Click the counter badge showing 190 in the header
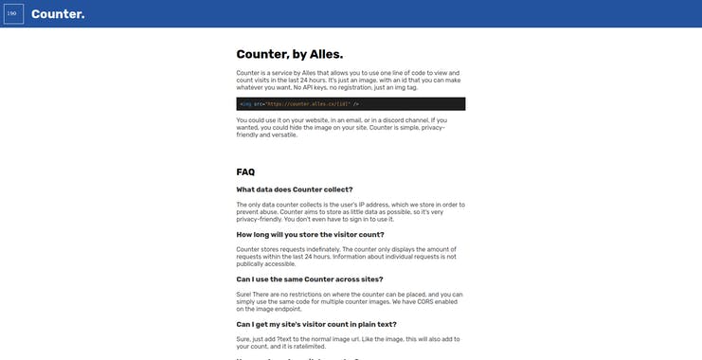[x=13, y=14]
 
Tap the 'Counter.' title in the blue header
[x=58, y=14]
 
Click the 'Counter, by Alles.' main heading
[x=289, y=54]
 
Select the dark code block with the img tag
[x=351, y=103]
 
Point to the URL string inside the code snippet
[x=307, y=103]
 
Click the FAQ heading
[x=245, y=171]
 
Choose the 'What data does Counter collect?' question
[x=294, y=189]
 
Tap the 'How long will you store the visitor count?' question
[x=310, y=234]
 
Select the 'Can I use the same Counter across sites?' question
[x=309, y=279]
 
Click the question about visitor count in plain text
[x=317, y=324]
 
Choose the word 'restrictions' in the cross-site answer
[x=311, y=295]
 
